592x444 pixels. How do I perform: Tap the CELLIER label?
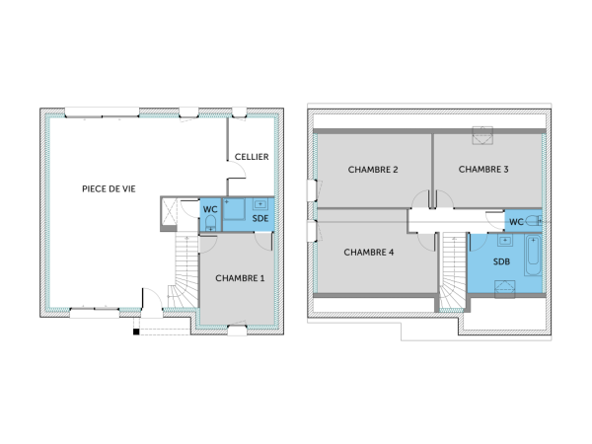click(252, 157)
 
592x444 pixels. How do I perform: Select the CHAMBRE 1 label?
click(240, 278)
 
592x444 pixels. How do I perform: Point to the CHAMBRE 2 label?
click(373, 170)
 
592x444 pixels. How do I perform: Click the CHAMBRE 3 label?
click(483, 170)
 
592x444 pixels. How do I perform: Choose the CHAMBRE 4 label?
click(369, 253)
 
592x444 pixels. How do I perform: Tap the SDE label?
click(260, 217)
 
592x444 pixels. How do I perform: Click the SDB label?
click(503, 260)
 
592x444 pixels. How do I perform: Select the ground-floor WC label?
click(210, 209)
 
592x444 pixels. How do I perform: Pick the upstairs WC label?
click(516, 220)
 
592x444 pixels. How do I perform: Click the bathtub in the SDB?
click(534, 258)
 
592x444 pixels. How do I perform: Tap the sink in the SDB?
click(505, 240)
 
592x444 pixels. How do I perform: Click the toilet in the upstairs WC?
click(534, 220)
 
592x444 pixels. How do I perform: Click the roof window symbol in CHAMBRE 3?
click(483, 134)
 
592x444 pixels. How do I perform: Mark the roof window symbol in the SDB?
click(507, 286)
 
